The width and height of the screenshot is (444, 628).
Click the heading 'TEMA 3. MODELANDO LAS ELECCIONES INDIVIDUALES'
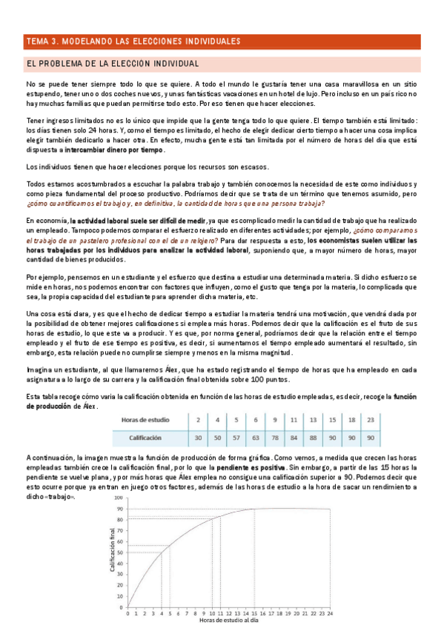(x=141, y=41)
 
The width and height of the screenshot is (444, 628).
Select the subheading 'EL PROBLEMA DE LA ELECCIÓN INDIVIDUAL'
(x=112, y=64)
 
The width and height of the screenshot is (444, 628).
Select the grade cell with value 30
(x=198, y=438)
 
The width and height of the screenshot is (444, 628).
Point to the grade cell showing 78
(x=275, y=438)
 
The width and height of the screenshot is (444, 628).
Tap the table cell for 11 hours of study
(x=294, y=420)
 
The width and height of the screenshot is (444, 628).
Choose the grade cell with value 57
(x=236, y=438)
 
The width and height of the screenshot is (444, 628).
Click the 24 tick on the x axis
(x=331, y=613)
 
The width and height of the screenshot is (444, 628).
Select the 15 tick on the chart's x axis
(x=254, y=613)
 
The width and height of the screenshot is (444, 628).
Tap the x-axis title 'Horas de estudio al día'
(x=229, y=621)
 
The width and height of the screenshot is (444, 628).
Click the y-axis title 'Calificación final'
(x=113, y=550)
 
